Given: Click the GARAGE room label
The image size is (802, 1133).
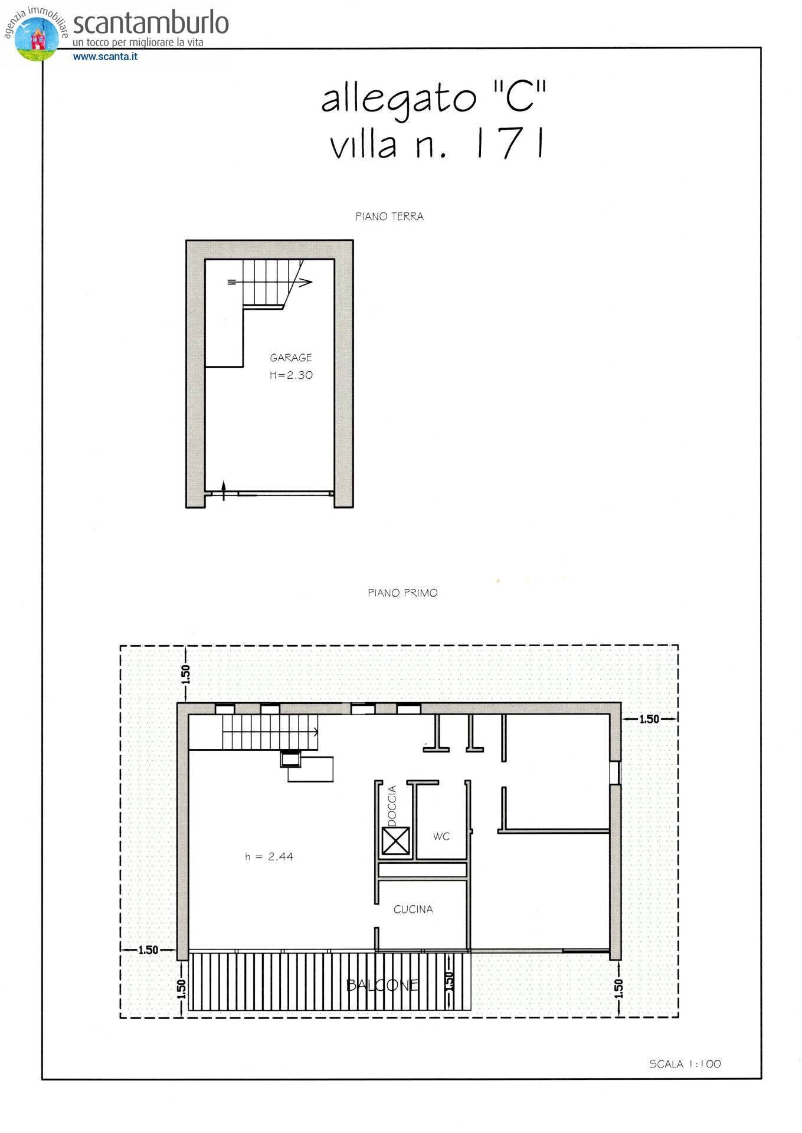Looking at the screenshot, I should tap(290, 358).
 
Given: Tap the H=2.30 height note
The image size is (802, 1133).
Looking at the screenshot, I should tap(291, 375).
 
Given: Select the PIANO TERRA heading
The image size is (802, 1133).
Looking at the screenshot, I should tap(389, 217).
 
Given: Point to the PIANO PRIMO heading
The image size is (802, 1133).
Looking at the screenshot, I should tap(402, 593).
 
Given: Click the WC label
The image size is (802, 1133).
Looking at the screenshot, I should tap(441, 837).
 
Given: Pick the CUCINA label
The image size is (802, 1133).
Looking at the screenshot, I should tap(413, 909).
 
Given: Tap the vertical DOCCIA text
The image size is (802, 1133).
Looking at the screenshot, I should tap(392, 805).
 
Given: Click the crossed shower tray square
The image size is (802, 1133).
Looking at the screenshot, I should tap(395, 841).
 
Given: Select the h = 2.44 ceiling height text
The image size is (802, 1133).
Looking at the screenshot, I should tap(269, 857).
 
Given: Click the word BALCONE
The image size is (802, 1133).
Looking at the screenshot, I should tap(382, 985).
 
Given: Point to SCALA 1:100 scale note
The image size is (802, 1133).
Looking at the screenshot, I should tap(685, 1064).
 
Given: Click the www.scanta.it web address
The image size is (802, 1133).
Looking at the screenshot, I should tap(105, 57).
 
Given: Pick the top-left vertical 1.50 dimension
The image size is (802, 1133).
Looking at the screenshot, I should tap(185, 674).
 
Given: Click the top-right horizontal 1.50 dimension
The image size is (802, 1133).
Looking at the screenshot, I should tap(649, 719).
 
